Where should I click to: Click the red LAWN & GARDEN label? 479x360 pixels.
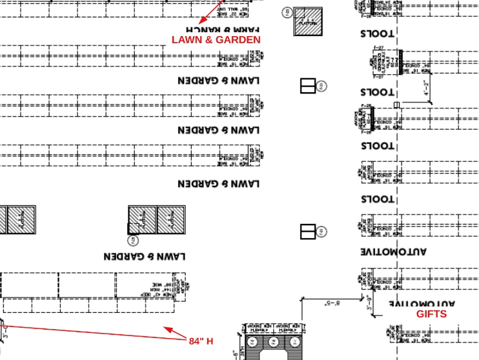pyautogui.click(x=216, y=40)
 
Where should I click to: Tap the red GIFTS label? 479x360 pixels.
pyautogui.click(x=431, y=314)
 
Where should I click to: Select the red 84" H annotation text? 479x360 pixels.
pyautogui.click(x=201, y=341)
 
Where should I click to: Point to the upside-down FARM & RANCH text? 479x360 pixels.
pyautogui.click(x=222, y=29)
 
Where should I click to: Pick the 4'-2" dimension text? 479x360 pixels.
pyautogui.click(x=427, y=87)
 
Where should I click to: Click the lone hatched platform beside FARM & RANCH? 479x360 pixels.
pyautogui.click(x=308, y=22)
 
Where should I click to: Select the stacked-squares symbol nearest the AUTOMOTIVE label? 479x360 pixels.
pyautogui.click(x=307, y=232)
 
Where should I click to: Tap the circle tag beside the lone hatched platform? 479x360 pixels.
pyautogui.click(x=287, y=12)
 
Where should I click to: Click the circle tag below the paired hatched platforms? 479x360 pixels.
pyautogui.click(x=132, y=240)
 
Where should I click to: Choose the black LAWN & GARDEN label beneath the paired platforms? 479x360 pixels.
pyautogui.click(x=145, y=256)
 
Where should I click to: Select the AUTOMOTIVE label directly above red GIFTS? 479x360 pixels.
pyautogui.click(x=422, y=303)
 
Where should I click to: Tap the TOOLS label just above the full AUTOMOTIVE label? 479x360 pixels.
pyautogui.click(x=377, y=199)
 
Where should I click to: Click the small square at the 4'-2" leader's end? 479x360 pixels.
pyautogui.click(x=397, y=105)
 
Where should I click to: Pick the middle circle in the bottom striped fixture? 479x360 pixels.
pyautogui.click(x=273, y=341)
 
